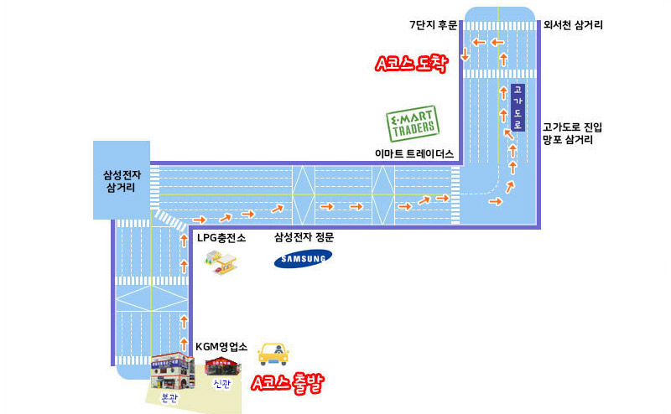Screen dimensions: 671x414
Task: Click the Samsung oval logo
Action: pos(303,258)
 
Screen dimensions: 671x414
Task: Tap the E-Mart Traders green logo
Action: pos(413,123)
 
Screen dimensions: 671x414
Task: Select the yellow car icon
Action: pos(273,354)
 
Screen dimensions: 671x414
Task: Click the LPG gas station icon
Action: pos(221,261)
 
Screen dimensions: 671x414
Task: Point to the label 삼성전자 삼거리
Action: pos(122,181)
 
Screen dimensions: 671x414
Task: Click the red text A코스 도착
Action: pos(411,64)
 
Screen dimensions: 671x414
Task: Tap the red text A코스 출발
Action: pos(287,383)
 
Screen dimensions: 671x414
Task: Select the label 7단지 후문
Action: pos(433,25)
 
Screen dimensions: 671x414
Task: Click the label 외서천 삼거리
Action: pos(573,25)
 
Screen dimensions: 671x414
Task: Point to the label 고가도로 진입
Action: pos(573,127)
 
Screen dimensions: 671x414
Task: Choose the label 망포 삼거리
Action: pos(568,139)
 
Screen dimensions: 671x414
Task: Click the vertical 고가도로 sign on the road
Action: pos(518,107)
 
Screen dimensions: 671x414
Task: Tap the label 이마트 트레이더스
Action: pos(414,154)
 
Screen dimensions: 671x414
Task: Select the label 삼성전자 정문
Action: pos(304,237)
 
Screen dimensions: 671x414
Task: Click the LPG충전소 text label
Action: pos(221,237)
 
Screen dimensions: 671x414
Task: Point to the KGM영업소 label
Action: pos(221,346)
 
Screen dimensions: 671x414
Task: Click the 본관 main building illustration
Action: pos(173,370)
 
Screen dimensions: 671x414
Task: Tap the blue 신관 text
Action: pos(221,384)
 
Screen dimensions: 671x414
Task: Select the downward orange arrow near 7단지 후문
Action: pos(466,54)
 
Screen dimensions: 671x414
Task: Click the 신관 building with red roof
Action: pos(222,367)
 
